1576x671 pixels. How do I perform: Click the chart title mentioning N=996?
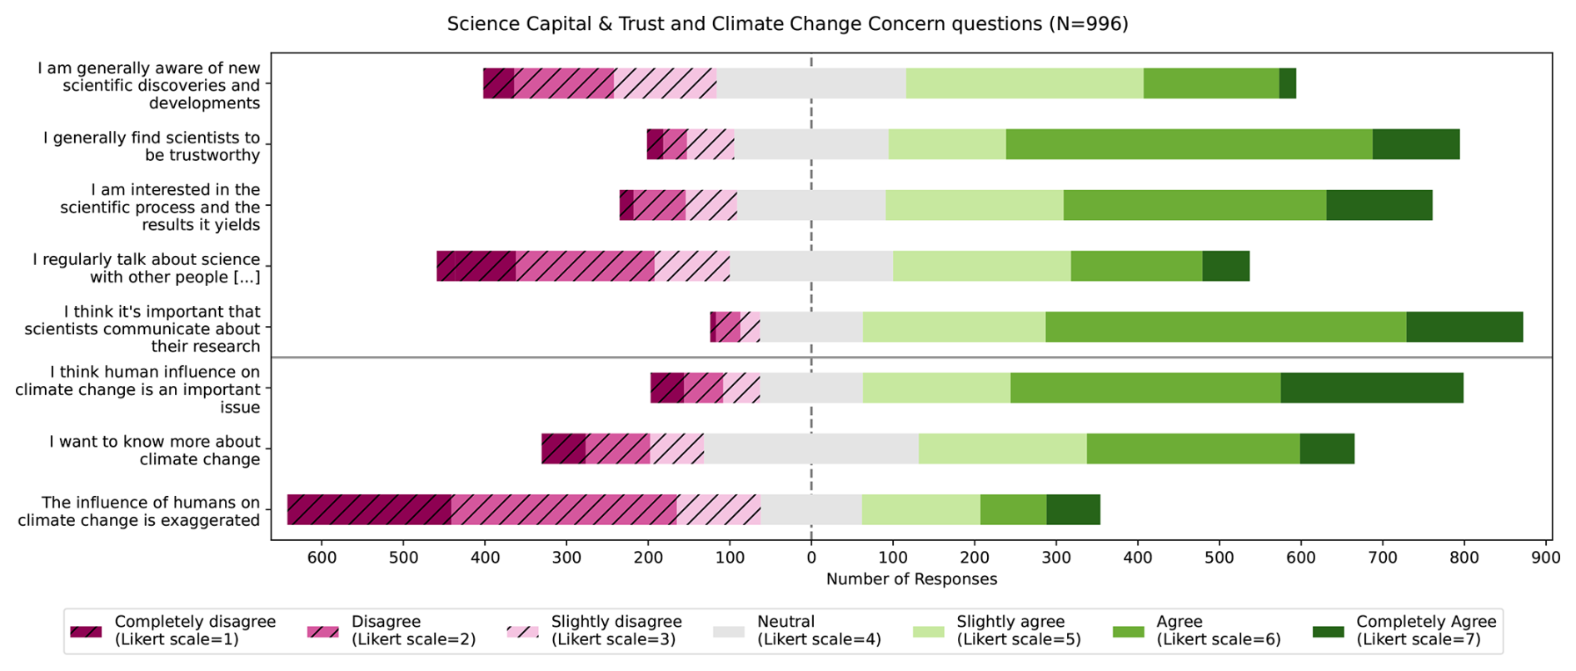pyautogui.click(x=787, y=23)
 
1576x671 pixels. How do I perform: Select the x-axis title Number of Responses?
pyautogui.click(x=911, y=579)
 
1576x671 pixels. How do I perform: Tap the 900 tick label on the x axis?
pyautogui.click(x=1546, y=558)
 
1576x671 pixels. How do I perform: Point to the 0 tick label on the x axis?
pyautogui.click(x=811, y=558)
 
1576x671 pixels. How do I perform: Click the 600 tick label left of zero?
pyautogui.click(x=322, y=558)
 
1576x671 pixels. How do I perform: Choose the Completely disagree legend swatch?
pyautogui.click(x=86, y=631)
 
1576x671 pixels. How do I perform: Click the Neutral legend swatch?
pyautogui.click(x=729, y=631)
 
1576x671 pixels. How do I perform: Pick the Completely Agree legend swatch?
pyautogui.click(x=1328, y=631)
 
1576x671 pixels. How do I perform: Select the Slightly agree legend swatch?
pyautogui.click(x=929, y=631)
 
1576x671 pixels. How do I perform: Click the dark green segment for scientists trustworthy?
pyautogui.click(x=1416, y=144)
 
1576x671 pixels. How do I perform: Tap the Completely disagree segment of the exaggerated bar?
pyautogui.click(x=369, y=509)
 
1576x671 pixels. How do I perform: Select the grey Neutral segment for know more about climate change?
pyautogui.click(x=811, y=448)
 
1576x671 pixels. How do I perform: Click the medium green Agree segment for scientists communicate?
pyautogui.click(x=1226, y=327)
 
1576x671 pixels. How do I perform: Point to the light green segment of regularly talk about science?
pyautogui.click(x=982, y=266)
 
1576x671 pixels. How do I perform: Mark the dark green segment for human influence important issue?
pyautogui.click(x=1372, y=388)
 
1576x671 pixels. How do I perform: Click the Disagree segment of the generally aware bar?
pyautogui.click(x=564, y=83)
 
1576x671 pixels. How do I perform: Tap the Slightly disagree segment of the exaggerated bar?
pyautogui.click(x=719, y=509)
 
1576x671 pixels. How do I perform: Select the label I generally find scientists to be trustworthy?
pyautogui.click(x=152, y=146)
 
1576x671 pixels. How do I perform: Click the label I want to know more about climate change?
pyautogui.click(x=154, y=450)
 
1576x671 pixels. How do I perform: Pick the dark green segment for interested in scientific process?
pyautogui.click(x=1379, y=205)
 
